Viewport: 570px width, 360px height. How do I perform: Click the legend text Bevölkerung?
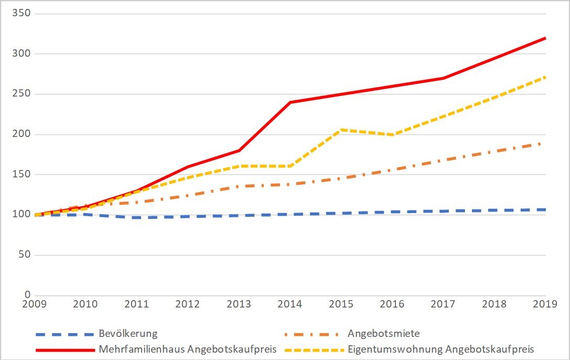[x=127, y=334]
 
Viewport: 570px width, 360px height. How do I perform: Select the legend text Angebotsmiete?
[x=383, y=334]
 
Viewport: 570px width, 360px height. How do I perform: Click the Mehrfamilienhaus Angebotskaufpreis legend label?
[x=187, y=349]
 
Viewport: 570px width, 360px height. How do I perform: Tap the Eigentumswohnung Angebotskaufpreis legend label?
[x=440, y=349]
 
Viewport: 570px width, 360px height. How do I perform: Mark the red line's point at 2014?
[x=290, y=102]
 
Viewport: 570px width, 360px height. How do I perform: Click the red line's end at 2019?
[x=545, y=38]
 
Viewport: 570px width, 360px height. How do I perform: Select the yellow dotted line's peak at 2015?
[x=341, y=129]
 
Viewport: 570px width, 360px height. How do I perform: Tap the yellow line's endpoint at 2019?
[x=545, y=77]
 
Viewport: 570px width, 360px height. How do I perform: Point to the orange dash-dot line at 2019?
[x=541, y=143]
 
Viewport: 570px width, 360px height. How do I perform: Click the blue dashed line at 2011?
[x=136, y=217]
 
